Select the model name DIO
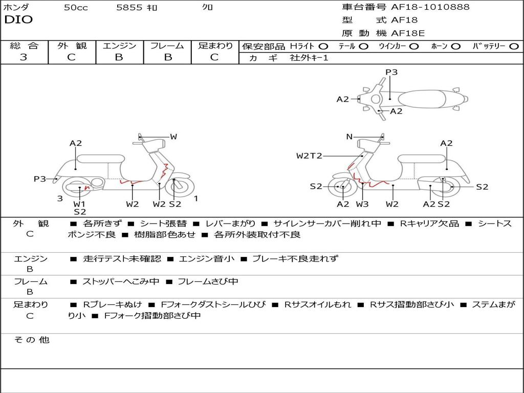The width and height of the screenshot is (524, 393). (x=18, y=20)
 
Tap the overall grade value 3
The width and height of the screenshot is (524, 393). (x=24, y=57)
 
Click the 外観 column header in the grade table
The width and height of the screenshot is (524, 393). (x=72, y=46)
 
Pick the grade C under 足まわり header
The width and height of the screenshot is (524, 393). (x=214, y=57)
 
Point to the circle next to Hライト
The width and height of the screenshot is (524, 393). (x=323, y=46)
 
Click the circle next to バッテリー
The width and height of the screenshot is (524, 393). (x=514, y=46)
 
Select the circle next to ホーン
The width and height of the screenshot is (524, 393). (x=456, y=46)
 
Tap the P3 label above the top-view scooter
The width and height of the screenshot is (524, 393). (x=391, y=72)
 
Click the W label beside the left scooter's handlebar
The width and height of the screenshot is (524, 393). (x=173, y=137)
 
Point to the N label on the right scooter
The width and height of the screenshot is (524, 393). (x=350, y=137)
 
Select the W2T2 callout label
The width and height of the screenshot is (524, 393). (x=309, y=156)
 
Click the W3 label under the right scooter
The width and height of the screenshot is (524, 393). (x=362, y=204)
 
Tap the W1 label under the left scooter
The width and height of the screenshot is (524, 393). (x=79, y=204)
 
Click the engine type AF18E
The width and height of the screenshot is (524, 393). (x=408, y=33)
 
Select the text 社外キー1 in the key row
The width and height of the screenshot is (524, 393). (x=310, y=58)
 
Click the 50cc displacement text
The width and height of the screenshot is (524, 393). (x=76, y=8)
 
